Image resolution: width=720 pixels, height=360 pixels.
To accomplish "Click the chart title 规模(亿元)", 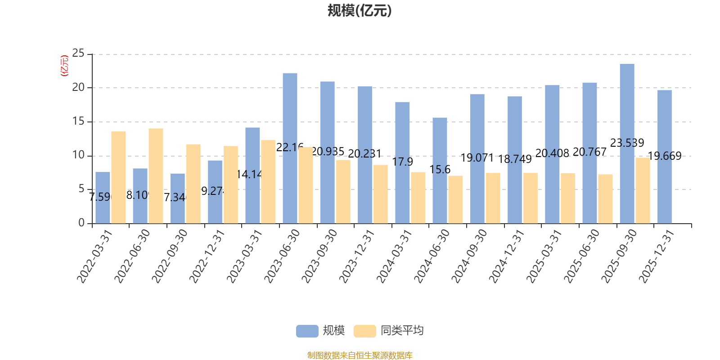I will [x=360, y=11].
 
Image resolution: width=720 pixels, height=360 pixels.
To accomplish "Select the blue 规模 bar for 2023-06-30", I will [x=290, y=148].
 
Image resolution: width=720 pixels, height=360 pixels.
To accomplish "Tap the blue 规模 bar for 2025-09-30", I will [x=627, y=144].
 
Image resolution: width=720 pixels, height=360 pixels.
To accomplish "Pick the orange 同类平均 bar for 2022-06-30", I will [x=156, y=176].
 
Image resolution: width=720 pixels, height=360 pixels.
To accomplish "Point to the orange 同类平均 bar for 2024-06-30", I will [x=455, y=199].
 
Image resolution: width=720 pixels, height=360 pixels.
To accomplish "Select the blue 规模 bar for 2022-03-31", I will [x=103, y=198].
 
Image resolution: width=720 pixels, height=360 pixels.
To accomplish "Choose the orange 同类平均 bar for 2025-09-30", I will [x=643, y=190].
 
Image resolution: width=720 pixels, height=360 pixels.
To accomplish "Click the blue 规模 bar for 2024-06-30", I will [x=440, y=171].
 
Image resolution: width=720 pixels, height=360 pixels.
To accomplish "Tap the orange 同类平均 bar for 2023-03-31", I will [x=268, y=182].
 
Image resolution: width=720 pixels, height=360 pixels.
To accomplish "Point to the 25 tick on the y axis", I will [x=78, y=54].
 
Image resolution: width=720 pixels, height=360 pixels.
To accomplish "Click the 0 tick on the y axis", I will [x=81, y=223].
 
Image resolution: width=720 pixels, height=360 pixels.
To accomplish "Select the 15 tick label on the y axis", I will [x=78, y=121].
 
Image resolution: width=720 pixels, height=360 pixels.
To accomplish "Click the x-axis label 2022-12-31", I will [x=207, y=256].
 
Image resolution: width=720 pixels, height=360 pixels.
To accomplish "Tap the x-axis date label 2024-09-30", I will [x=469, y=256].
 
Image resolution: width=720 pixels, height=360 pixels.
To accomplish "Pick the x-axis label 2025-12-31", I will [x=657, y=256].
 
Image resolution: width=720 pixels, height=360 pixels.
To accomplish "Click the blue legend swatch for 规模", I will [x=307, y=331].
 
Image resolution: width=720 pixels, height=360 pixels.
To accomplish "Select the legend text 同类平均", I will [x=402, y=331].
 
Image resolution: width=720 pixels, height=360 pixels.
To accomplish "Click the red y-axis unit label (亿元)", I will [x=64, y=66].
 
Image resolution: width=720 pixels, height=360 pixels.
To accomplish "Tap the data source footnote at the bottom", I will [x=360, y=355].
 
